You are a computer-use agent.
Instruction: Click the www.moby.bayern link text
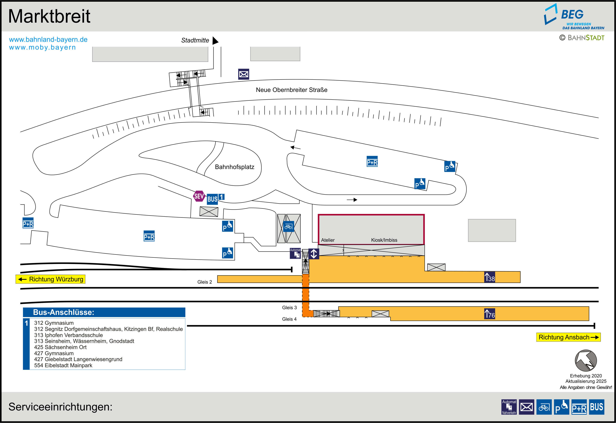42,47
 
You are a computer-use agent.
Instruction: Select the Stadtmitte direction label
195,40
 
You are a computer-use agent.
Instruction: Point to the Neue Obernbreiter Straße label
291,90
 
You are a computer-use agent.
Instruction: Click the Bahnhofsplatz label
235,167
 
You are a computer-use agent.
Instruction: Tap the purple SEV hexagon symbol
199,196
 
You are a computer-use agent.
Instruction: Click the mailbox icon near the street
244,74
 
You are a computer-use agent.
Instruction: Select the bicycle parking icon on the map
288,227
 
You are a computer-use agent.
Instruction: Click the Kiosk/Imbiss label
384,240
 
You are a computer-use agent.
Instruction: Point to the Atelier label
328,240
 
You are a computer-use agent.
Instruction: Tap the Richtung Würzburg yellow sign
50,279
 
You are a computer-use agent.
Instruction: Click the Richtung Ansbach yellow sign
568,337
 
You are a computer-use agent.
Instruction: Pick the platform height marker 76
490,314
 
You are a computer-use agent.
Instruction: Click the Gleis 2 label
205,282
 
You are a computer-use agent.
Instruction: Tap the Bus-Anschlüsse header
104,312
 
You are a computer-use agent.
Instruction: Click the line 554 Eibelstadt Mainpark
63,366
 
